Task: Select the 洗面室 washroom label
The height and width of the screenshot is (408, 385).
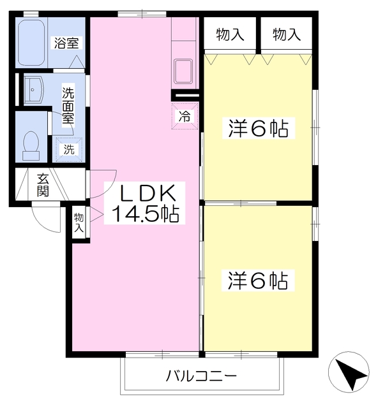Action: coord(68,105)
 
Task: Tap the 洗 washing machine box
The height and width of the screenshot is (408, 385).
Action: coord(68,150)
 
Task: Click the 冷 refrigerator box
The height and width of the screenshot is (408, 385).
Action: coord(184,117)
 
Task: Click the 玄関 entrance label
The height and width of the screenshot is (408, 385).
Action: coord(43,185)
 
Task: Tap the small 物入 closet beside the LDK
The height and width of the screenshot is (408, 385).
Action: coord(79,222)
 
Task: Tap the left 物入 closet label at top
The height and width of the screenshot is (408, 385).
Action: coord(230,35)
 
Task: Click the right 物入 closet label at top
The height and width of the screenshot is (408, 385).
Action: coord(287,35)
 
